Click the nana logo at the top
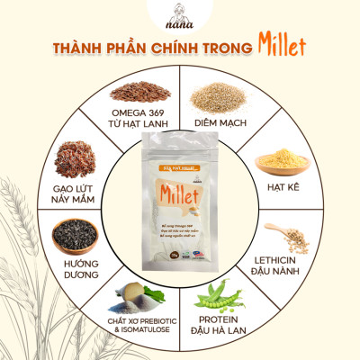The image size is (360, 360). click(x=179, y=16)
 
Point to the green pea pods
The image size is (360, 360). click(x=221, y=292)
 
